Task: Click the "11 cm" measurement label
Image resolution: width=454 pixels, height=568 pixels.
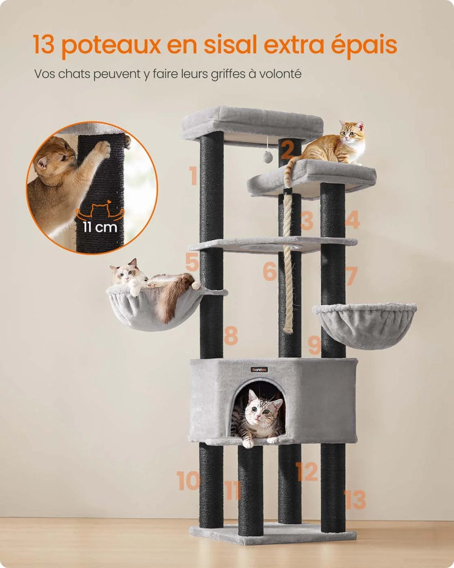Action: (x=100, y=227)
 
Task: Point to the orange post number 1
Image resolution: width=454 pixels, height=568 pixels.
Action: (x=193, y=176)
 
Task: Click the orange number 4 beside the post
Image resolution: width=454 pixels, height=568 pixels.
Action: (x=352, y=220)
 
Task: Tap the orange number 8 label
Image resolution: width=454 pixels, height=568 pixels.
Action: (x=231, y=336)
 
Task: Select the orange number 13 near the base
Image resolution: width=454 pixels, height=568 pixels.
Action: (x=355, y=500)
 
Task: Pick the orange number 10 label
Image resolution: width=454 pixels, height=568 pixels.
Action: (x=188, y=481)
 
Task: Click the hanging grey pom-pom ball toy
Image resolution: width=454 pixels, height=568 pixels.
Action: (x=268, y=157)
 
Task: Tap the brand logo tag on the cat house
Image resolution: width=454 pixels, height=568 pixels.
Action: (x=259, y=369)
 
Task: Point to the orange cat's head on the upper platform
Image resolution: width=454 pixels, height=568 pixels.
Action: (x=352, y=132)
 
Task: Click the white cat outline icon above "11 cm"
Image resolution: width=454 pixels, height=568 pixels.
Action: (x=100, y=212)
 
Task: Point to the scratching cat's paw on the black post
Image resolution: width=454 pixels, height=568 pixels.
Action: (x=101, y=149)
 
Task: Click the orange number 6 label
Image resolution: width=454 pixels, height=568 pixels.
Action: (x=270, y=271)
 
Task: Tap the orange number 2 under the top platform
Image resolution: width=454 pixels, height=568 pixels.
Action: (x=287, y=150)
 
